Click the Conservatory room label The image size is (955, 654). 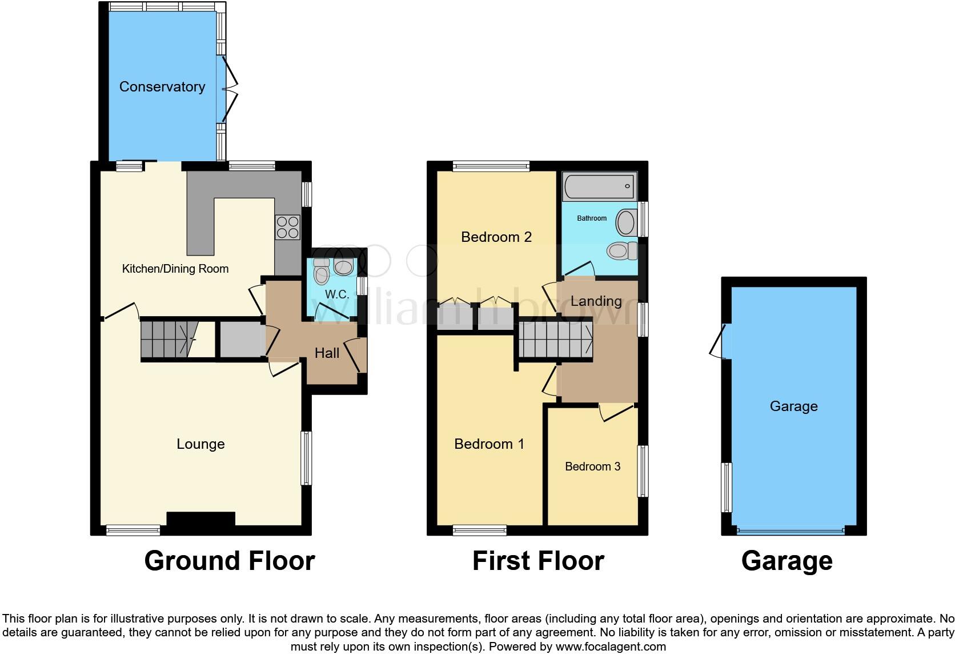click(x=162, y=87)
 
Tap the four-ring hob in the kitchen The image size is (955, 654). click(x=288, y=227)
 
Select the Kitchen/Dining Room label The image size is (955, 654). click(x=175, y=269)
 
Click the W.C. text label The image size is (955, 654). click(x=337, y=294)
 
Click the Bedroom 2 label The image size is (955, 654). click(x=496, y=237)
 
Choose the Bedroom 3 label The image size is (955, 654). click(x=592, y=466)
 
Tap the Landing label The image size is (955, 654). click(x=596, y=301)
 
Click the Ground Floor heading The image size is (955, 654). click(x=230, y=561)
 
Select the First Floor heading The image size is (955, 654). click(x=538, y=561)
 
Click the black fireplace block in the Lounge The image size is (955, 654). click(x=200, y=519)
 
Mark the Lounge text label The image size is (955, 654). click(x=200, y=444)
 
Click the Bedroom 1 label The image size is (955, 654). click(x=489, y=444)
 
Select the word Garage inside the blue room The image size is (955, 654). click(x=793, y=406)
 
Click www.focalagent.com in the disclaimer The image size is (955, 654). click(x=611, y=647)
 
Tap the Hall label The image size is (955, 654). click(x=327, y=353)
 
